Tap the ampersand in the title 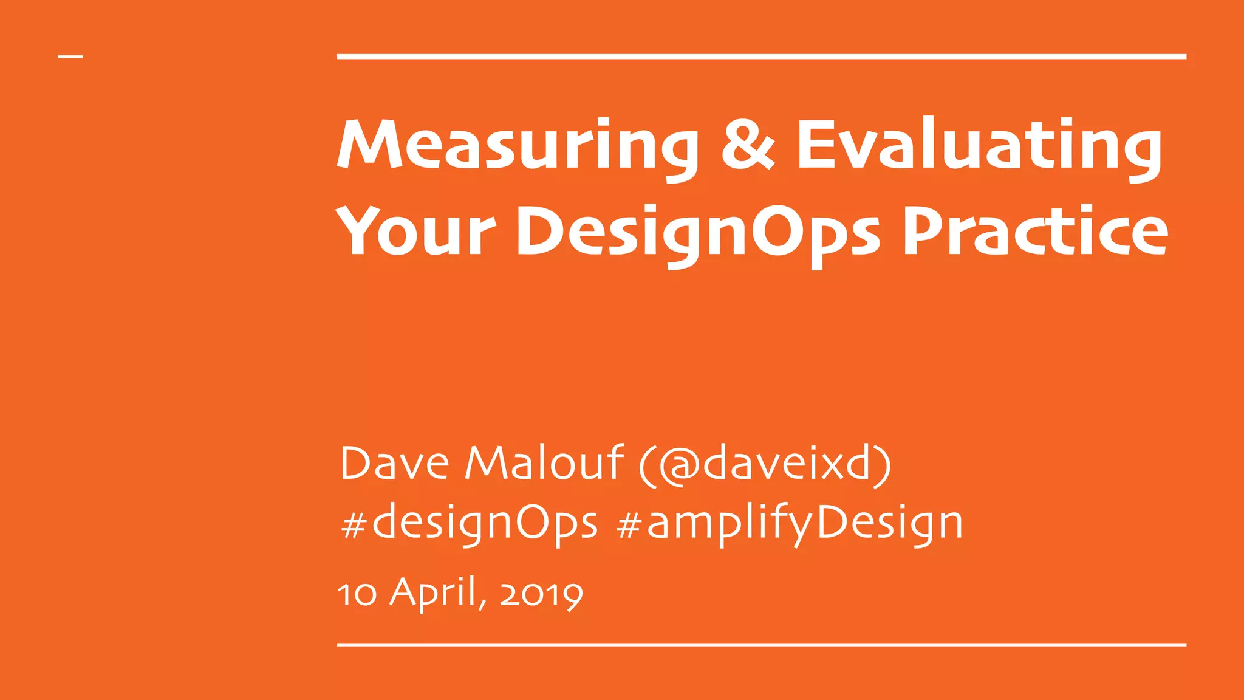pyautogui.click(x=748, y=144)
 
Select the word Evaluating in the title pyautogui.click(x=979, y=146)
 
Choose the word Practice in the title pyautogui.click(x=1034, y=232)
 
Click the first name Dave pyautogui.click(x=394, y=464)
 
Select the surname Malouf pyautogui.click(x=544, y=464)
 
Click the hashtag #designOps pyautogui.click(x=470, y=523)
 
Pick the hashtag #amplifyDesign pyautogui.click(x=789, y=523)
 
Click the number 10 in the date pyautogui.click(x=357, y=594)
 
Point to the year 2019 pyautogui.click(x=541, y=594)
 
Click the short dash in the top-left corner pyautogui.click(x=70, y=57)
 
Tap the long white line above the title pyautogui.click(x=761, y=57)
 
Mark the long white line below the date pyautogui.click(x=761, y=645)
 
